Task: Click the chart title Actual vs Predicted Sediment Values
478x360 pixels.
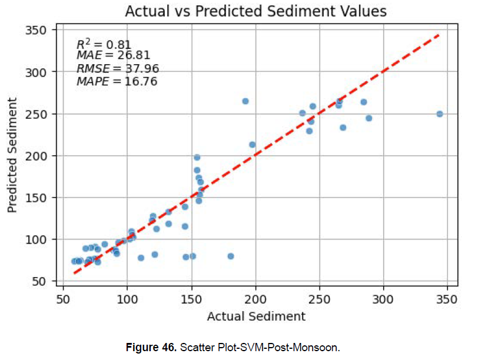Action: tap(256, 11)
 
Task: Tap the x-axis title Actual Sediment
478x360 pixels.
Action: tap(256, 316)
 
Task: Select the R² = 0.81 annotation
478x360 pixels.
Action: tap(104, 45)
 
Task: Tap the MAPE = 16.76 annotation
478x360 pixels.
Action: tap(117, 81)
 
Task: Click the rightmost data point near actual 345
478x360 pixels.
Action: tap(440, 114)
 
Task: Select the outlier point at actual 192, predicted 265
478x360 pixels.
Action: tap(245, 101)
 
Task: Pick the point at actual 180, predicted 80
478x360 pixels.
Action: tap(231, 256)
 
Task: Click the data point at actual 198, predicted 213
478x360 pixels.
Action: tap(253, 145)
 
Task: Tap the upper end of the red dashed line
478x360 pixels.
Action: tap(439, 35)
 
